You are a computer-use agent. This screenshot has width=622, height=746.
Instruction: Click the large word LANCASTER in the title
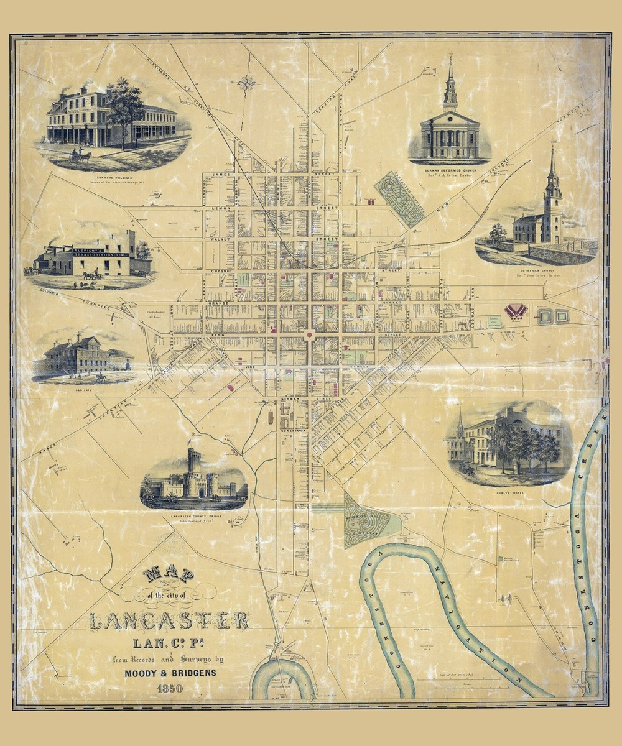pyautogui.click(x=169, y=620)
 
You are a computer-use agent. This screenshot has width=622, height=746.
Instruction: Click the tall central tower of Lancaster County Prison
pyautogui.click(x=192, y=461)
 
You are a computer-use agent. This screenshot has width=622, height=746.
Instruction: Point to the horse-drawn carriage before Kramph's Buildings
pyautogui.click(x=80, y=156)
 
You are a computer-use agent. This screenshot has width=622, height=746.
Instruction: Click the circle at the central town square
pyautogui.click(x=308, y=334)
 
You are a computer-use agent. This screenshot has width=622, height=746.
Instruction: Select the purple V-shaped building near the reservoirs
pyautogui.click(x=515, y=311)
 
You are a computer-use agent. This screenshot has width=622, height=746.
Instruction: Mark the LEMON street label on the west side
pyautogui.click(x=221, y=208)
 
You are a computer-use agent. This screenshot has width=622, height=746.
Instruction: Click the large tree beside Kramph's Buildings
pyautogui.click(x=124, y=109)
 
